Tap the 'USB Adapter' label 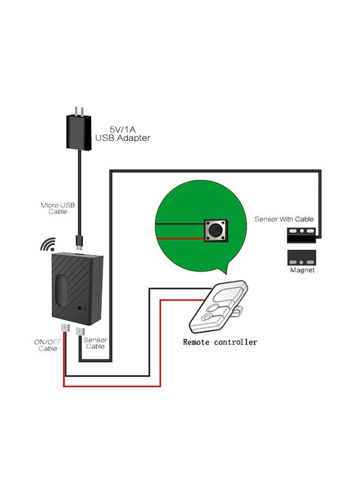(x=122, y=139)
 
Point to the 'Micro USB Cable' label (x=58, y=208)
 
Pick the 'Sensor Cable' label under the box (x=95, y=343)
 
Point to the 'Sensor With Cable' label (x=284, y=219)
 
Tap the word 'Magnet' (x=302, y=270)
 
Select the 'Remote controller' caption (x=220, y=342)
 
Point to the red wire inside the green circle (x=181, y=238)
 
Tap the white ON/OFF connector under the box (x=65, y=329)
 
